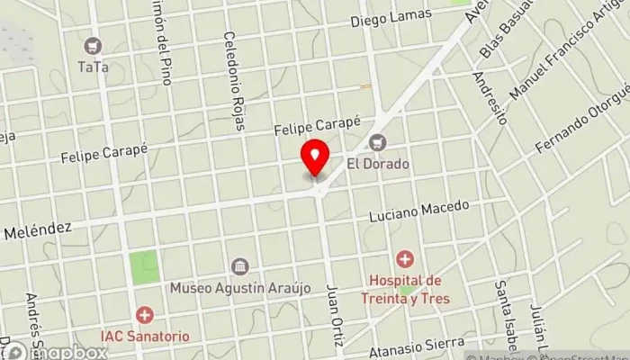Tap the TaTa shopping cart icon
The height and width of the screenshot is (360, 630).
[x=92, y=45]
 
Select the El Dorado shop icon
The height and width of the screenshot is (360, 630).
[x=377, y=143]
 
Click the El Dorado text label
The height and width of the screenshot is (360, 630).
[x=378, y=165]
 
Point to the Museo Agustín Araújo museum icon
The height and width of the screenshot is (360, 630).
[x=240, y=266]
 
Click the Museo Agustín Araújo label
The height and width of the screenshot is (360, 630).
[x=240, y=288]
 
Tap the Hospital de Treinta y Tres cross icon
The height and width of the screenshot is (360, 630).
[x=405, y=261]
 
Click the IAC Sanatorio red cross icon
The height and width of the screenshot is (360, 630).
[x=144, y=315]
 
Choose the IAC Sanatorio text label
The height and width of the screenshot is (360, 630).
[x=144, y=336]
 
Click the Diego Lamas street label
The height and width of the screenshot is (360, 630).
[x=391, y=17]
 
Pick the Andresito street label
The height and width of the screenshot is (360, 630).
[x=490, y=97]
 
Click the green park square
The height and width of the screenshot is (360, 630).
[x=143, y=266]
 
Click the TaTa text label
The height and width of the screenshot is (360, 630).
[x=92, y=66]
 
